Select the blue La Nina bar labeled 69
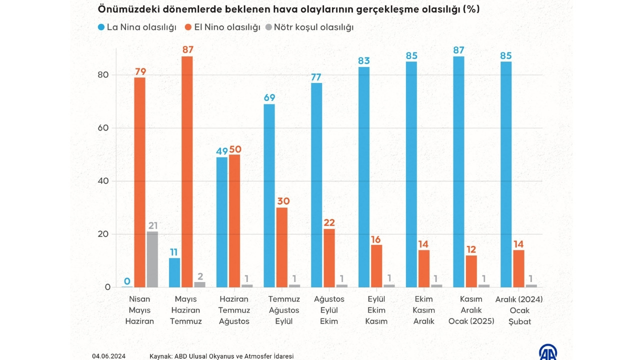pyautogui.click(x=269, y=195)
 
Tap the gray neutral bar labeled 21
pyautogui.click(x=152, y=259)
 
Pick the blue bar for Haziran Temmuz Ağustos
pyautogui.click(x=221, y=222)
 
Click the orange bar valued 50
pyautogui.click(x=234, y=220)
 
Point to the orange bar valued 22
pyautogui.click(x=328, y=258)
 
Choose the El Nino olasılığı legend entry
pyautogui.click(x=223, y=27)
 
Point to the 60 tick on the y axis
pyautogui.click(x=103, y=128)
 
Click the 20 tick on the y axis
pyautogui.click(x=103, y=234)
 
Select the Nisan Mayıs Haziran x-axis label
pyautogui.click(x=139, y=310)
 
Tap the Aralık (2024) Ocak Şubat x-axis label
pyautogui.click(x=518, y=310)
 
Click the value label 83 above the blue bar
pyautogui.click(x=363, y=61)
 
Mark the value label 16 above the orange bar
pyautogui.click(x=376, y=239)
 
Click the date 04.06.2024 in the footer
pyautogui.click(x=109, y=356)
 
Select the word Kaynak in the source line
pyautogui.click(x=160, y=356)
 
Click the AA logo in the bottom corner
pyautogui.click(x=548, y=352)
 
